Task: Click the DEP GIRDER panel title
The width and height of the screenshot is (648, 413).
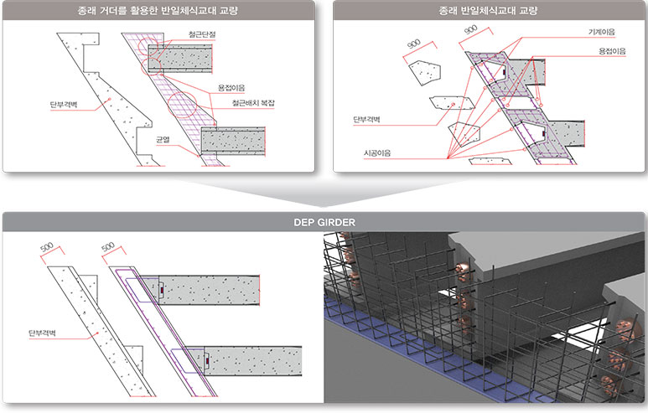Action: pyautogui.click(x=324, y=222)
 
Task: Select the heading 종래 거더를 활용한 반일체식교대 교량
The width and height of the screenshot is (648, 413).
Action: pyautogui.click(x=158, y=10)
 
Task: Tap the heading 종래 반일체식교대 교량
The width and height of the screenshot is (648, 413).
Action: pyautogui.click(x=488, y=10)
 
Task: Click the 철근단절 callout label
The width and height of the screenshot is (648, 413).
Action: pyautogui.click(x=202, y=34)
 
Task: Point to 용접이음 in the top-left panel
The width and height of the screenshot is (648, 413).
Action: pyautogui.click(x=231, y=88)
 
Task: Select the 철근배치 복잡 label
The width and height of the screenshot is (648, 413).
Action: pyautogui.click(x=253, y=103)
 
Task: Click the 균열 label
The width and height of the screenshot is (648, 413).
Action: pyautogui.click(x=163, y=140)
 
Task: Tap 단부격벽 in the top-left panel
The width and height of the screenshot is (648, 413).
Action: pyautogui.click(x=64, y=105)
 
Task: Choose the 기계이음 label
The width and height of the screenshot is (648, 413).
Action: pyautogui.click(x=602, y=32)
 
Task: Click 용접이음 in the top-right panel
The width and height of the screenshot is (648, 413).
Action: pyautogui.click(x=612, y=51)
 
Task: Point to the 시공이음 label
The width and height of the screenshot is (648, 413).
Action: pyautogui.click(x=377, y=152)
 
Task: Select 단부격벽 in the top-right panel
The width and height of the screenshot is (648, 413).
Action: pyautogui.click(x=366, y=119)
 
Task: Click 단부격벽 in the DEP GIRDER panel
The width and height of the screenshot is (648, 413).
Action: pyautogui.click(x=42, y=333)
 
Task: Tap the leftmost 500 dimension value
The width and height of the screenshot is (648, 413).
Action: pyautogui.click(x=47, y=247)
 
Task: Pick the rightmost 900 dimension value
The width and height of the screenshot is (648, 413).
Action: pyautogui.click(x=471, y=29)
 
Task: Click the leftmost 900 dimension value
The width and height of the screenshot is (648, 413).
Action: pyautogui.click(x=413, y=44)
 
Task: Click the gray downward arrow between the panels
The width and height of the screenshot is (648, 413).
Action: pyautogui.click(x=324, y=194)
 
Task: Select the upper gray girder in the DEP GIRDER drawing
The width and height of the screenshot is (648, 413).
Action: pyautogui.click(x=209, y=290)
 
